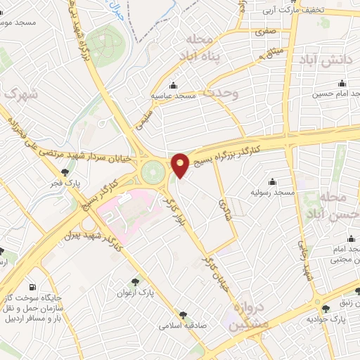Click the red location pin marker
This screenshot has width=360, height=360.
point(180,164)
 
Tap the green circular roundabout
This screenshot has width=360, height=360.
point(151,172)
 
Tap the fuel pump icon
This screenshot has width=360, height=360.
point(32,287)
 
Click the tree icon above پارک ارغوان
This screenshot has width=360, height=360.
point(144,281)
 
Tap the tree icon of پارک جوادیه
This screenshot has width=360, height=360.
point(325,309)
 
